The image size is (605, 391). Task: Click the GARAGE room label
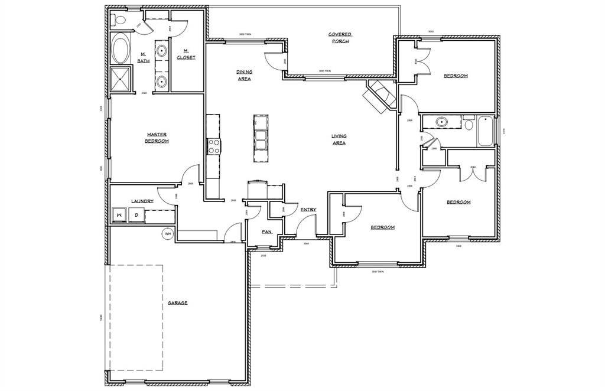(x=177, y=302)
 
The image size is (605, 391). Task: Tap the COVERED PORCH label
(x=339, y=38)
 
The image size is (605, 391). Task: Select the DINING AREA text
(x=244, y=75)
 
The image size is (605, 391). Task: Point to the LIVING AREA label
(x=339, y=139)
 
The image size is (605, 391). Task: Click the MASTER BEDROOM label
(x=157, y=138)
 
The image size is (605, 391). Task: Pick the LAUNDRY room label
(x=142, y=201)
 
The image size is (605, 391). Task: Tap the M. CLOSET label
(x=186, y=54)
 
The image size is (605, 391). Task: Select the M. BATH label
(x=143, y=57)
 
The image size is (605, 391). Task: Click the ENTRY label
(x=308, y=210)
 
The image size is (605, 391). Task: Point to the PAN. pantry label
(x=267, y=232)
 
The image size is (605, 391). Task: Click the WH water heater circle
(x=168, y=233)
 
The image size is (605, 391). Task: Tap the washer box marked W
(x=119, y=214)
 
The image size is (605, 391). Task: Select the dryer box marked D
(x=135, y=214)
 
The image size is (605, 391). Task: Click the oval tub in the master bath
(x=122, y=50)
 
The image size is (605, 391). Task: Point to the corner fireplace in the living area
(x=378, y=96)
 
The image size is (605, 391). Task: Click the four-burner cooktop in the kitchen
(x=213, y=146)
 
